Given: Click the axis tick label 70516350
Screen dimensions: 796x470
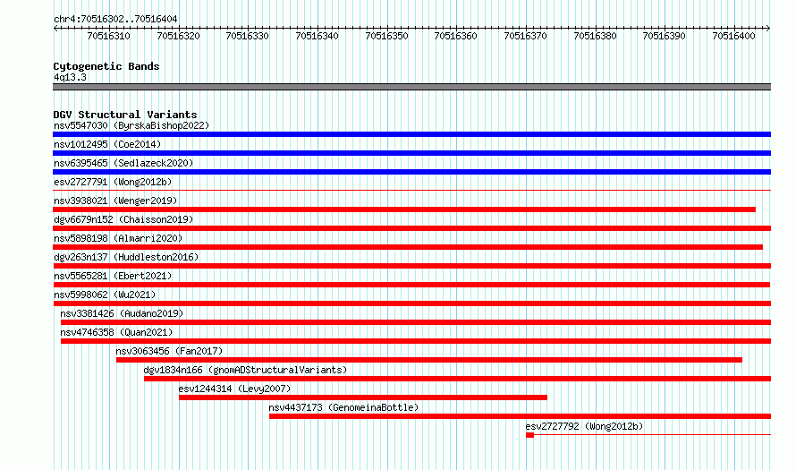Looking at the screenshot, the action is tap(386, 36).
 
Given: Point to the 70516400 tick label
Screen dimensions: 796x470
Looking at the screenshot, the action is tap(733, 36).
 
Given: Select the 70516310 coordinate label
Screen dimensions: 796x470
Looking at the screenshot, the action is tap(108, 36).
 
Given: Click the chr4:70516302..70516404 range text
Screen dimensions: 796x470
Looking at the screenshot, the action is tap(115, 20).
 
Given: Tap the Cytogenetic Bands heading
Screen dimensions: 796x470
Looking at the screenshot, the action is tap(106, 66).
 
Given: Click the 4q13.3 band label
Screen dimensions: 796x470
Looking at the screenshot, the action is tap(70, 78).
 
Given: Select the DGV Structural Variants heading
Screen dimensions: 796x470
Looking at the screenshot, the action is tap(125, 115).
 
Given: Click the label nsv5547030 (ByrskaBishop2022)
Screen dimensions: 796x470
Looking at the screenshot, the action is tap(131, 126).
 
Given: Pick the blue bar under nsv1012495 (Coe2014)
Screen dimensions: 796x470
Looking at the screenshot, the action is tap(411, 153).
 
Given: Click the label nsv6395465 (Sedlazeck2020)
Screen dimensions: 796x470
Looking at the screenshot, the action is tap(123, 163).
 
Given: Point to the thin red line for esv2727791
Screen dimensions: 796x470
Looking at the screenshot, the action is tap(411, 191).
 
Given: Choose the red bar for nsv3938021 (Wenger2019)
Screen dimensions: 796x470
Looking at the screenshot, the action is tap(404, 209).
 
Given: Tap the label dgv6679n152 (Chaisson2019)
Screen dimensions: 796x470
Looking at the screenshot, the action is tap(123, 219).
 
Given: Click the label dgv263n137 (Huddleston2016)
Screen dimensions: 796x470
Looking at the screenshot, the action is tap(126, 257).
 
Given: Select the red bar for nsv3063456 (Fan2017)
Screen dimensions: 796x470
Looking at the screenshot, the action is tap(429, 360).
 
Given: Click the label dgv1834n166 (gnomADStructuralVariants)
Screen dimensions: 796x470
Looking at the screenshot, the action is tap(245, 370).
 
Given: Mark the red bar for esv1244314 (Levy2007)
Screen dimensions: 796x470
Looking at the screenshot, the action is tap(363, 397).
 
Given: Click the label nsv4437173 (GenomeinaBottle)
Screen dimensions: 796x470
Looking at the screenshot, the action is tap(343, 407).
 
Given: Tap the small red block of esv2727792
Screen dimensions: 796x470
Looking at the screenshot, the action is tap(530, 435).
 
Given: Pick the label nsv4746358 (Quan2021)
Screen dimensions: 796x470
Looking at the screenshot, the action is tap(116, 332).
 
